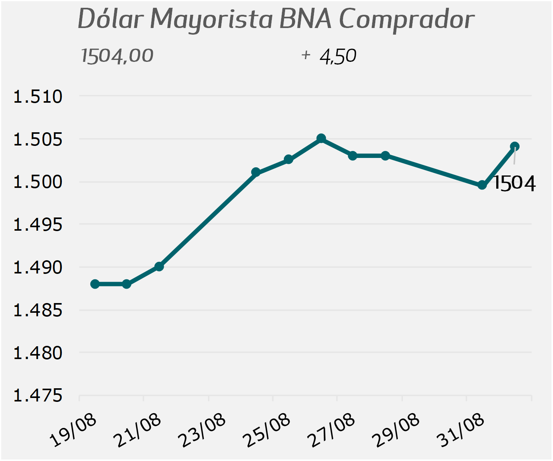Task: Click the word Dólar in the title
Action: point(111,19)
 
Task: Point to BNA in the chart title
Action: point(305,19)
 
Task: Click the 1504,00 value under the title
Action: point(117,56)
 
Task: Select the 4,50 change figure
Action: point(338,56)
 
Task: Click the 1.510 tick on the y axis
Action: point(38,96)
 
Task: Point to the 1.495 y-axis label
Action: point(38,225)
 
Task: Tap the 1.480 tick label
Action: point(38,353)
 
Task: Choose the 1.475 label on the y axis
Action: point(38,396)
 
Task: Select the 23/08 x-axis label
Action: point(202,430)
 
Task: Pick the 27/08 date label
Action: point(331,430)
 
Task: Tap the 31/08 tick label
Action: point(460,430)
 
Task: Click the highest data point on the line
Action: point(321,138)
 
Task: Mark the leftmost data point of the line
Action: point(95,284)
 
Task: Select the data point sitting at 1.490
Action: point(159,266)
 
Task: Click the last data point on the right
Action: point(514,146)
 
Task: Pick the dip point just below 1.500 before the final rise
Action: point(482,185)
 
